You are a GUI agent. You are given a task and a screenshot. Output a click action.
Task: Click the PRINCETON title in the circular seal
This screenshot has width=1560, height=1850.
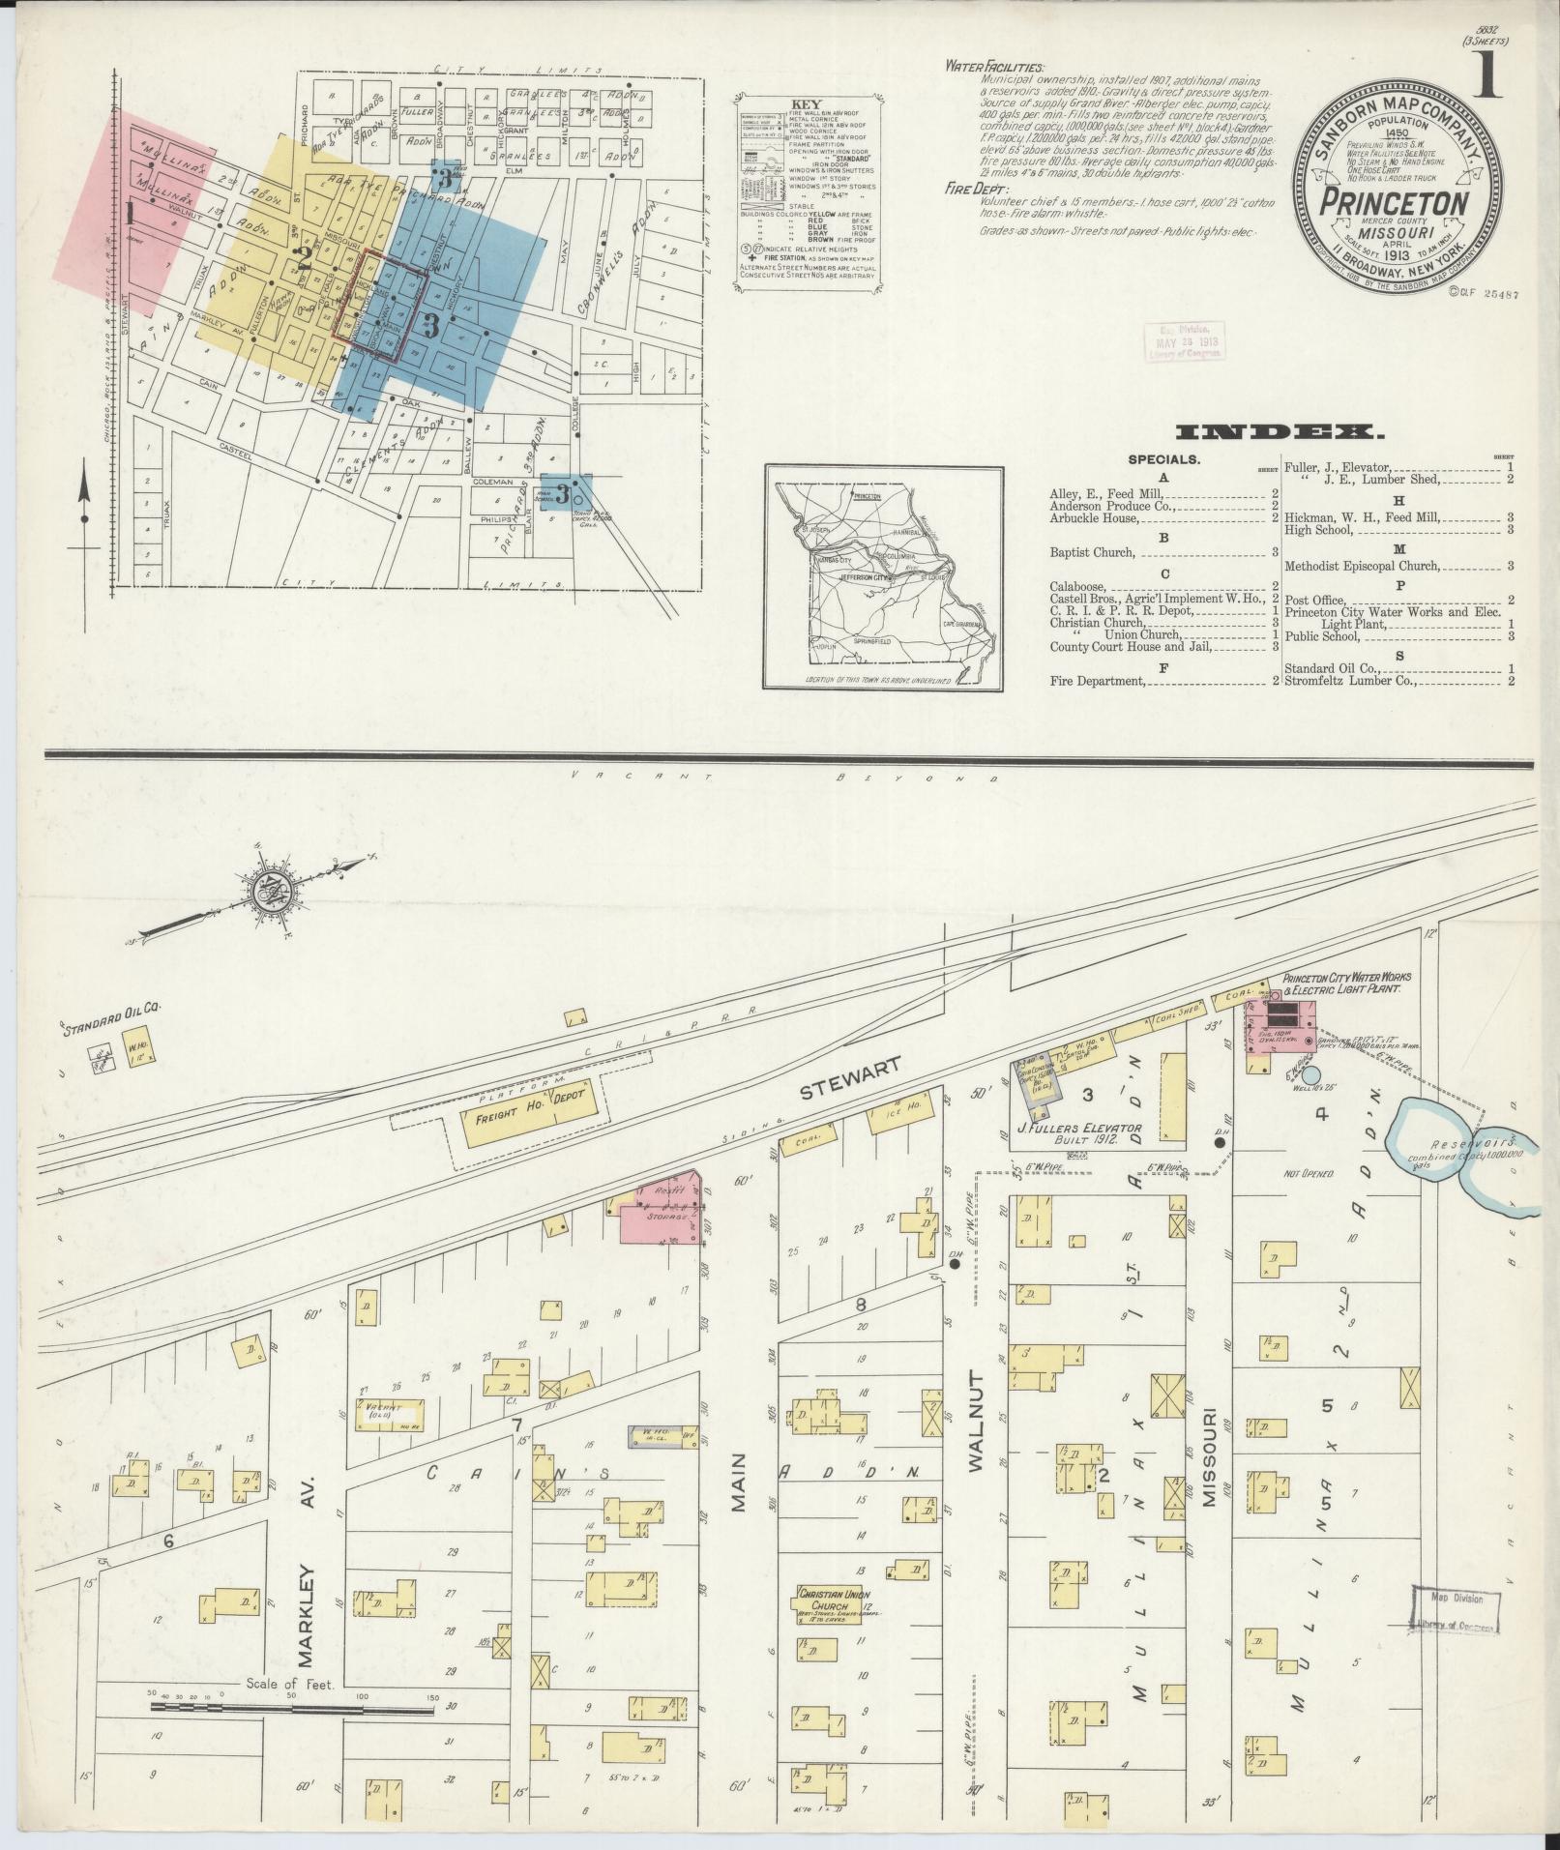coord(1398,205)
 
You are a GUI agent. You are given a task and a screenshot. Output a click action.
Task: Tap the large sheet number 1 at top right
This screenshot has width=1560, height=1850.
coord(1487,76)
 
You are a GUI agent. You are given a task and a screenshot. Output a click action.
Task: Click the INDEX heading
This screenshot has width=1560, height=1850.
coord(1281,431)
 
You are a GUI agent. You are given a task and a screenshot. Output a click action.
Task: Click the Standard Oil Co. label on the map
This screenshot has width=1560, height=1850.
coord(112,1023)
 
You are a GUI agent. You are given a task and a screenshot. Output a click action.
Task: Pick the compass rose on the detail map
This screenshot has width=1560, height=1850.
coord(267,893)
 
